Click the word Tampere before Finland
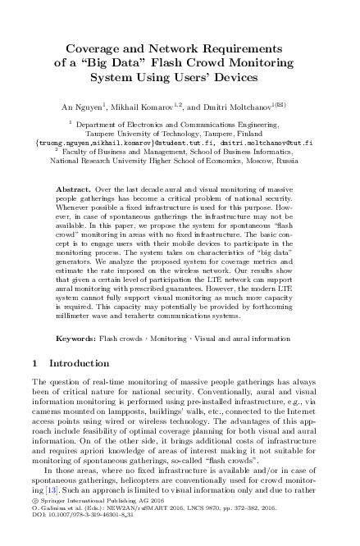[x=222, y=133]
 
